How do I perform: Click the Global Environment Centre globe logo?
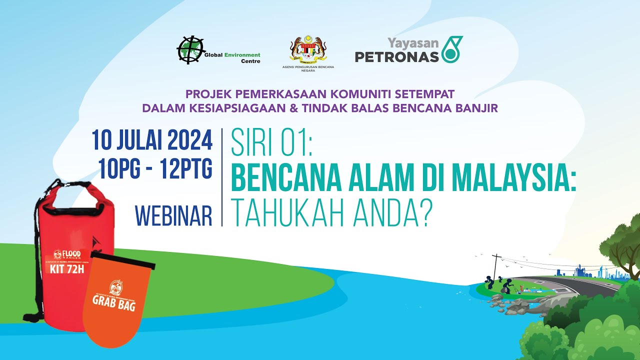190,50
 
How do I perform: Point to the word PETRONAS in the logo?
396,56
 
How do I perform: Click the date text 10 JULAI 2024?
152,140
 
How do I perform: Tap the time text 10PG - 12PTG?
155,170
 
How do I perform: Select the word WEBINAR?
174,215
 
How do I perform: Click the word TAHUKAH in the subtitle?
290,215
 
